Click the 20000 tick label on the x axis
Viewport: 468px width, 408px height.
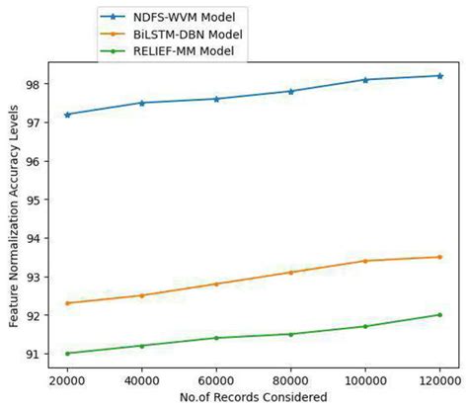[67, 379]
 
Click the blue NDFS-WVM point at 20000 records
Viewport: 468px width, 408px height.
[67, 115]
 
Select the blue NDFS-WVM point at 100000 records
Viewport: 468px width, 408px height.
[365, 80]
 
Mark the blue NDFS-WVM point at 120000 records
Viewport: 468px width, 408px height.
[439, 76]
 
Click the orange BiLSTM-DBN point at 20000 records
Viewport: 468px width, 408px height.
[67, 303]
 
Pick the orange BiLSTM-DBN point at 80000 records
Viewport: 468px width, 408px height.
[290, 273]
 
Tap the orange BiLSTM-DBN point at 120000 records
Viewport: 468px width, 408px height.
[439, 257]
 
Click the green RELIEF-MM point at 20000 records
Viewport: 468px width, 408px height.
[67, 353]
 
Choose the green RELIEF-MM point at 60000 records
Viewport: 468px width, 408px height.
[216, 338]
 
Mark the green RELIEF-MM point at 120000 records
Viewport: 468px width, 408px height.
[439, 315]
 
